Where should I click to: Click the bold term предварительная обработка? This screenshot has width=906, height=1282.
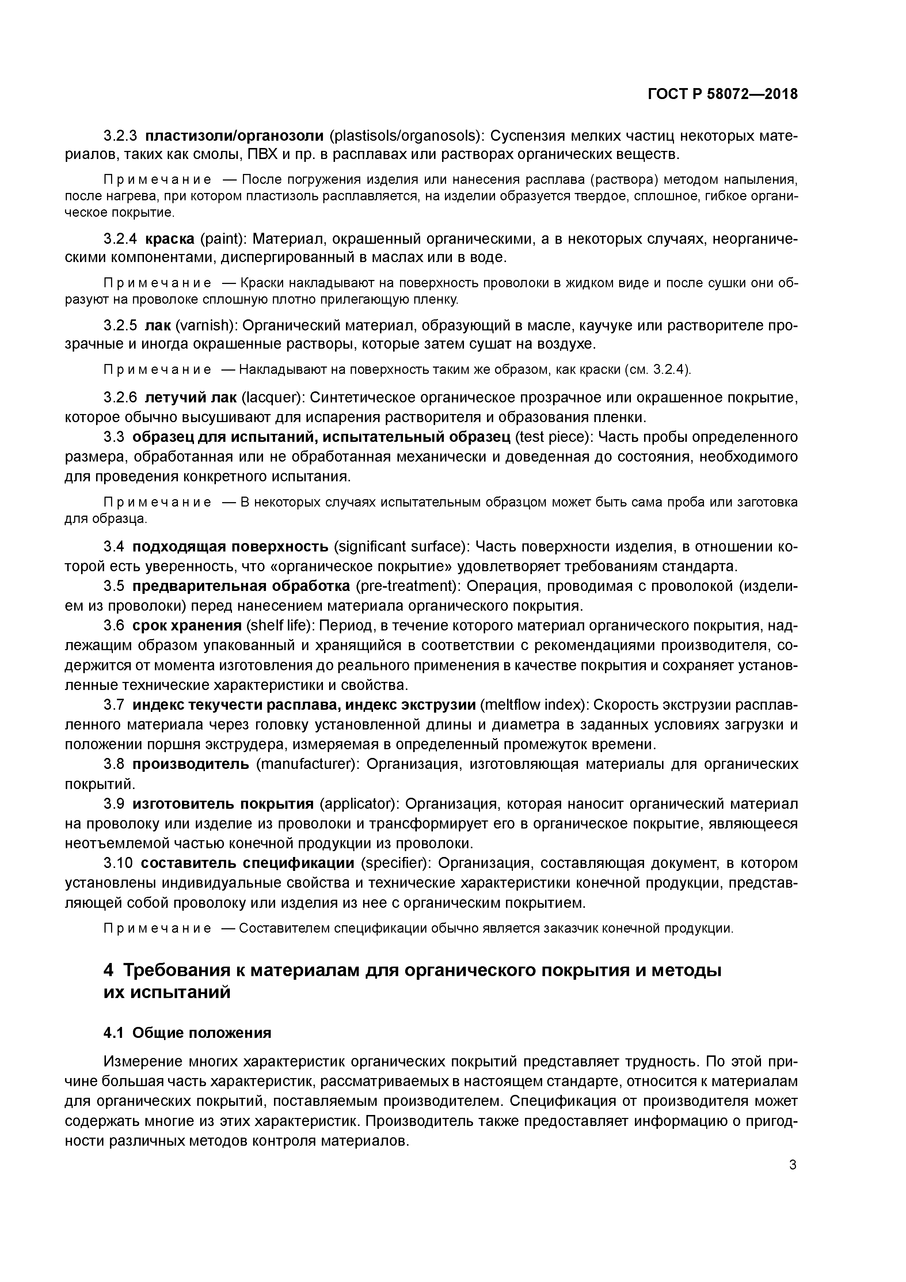(x=241, y=586)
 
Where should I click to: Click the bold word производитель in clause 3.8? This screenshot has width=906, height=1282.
(x=191, y=764)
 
